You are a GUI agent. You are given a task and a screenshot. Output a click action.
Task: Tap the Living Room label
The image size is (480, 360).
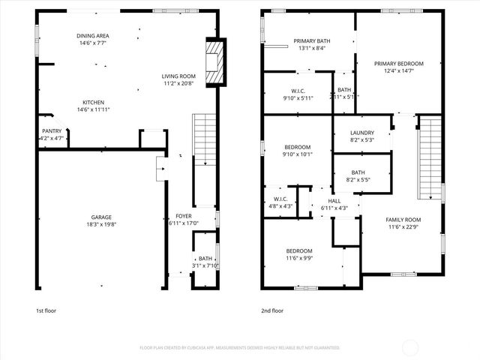[178, 76]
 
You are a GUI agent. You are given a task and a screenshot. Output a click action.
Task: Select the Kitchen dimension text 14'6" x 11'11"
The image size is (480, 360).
[94, 110]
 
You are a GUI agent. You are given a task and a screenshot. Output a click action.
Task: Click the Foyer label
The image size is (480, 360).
[184, 216]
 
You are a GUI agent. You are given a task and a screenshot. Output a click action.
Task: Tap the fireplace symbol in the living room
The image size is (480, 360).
[215, 62]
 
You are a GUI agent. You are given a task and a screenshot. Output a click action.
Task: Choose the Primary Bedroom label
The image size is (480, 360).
[399, 64]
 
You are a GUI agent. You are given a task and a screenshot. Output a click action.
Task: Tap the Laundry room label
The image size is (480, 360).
[361, 133]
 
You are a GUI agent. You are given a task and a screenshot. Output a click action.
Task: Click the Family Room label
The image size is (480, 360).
[403, 220]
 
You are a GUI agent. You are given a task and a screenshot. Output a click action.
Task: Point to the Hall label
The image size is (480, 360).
[334, 201]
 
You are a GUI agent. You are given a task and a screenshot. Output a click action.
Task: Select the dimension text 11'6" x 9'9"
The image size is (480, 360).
[299, 258]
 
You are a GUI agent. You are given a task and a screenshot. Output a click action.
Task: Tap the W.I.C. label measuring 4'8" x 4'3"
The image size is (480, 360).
[277, 199]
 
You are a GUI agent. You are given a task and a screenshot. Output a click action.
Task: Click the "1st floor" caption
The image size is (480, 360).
[46, 310]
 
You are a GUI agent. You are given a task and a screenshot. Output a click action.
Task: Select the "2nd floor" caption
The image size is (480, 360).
[271, 310]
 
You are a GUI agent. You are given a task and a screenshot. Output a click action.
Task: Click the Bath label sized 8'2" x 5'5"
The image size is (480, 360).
[358, 172]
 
